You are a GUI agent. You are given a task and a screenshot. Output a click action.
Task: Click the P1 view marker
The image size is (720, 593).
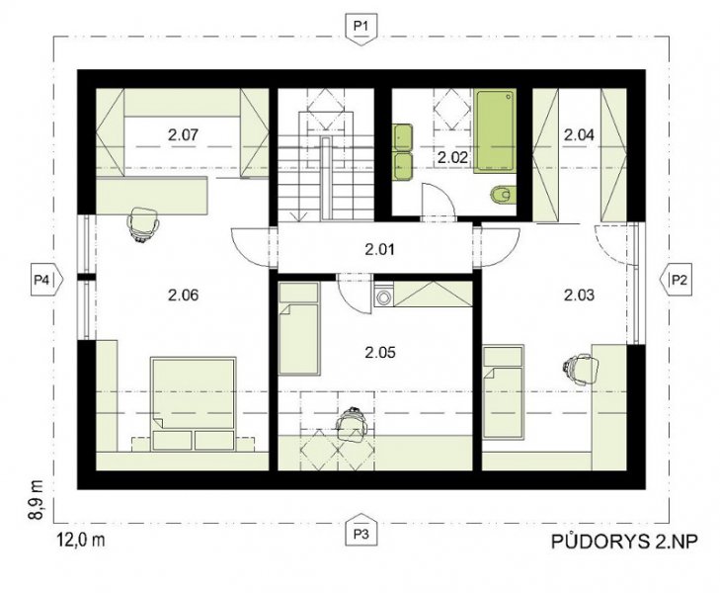coord(361,30)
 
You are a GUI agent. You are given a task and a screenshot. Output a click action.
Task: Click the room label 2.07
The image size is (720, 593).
coord(183,135)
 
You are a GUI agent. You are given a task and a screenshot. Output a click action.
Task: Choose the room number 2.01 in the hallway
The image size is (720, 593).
coord(379,250)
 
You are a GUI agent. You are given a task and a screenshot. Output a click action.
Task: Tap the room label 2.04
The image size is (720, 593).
coord(579,135)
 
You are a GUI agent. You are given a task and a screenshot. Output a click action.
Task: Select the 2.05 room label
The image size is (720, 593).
coord(379,353)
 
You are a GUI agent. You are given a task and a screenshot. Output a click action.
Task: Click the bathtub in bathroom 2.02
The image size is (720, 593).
coord(495,130)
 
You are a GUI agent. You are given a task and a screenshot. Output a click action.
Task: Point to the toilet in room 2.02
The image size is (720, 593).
coord(503,196)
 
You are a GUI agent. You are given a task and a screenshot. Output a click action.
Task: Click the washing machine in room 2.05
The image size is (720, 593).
coord(382,296)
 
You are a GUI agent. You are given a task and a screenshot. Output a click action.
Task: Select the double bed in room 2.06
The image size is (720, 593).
coord(194,403)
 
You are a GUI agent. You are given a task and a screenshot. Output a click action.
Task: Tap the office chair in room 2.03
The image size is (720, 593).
coord(581,369)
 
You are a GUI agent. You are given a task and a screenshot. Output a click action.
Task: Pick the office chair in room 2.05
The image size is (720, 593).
coord(352,425)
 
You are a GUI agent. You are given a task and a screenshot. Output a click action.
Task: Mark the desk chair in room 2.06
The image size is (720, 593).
coord(144,223)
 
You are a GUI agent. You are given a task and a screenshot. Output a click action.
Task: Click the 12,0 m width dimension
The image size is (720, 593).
coord(81,540)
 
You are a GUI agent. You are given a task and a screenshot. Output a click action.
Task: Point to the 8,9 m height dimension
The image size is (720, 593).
coord(36,500)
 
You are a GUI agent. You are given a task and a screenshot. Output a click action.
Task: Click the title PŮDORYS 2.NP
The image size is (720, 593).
coord(624,542)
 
